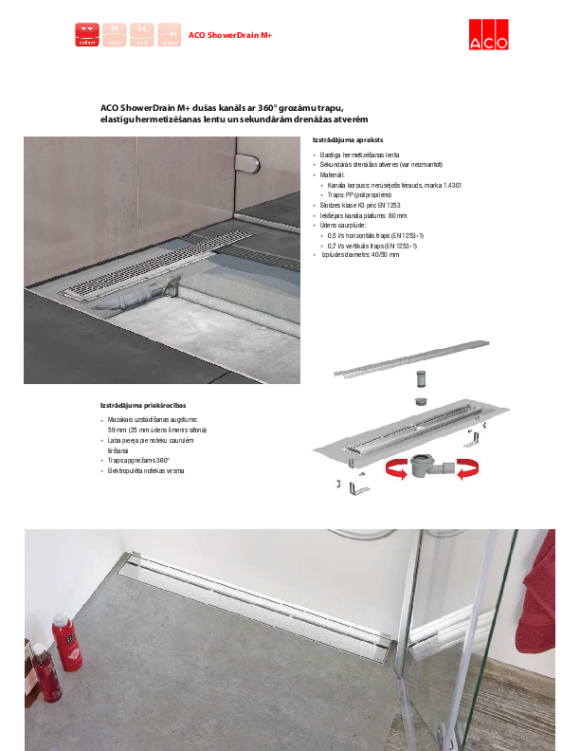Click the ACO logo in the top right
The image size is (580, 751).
[488, 34]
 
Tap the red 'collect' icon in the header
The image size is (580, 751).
[87, 35]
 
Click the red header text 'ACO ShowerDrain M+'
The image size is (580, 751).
[230, 35]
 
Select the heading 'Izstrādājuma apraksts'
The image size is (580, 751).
[347, 139]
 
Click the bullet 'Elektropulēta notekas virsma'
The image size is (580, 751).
[146, 471]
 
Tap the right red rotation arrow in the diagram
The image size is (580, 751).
[466, 468]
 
